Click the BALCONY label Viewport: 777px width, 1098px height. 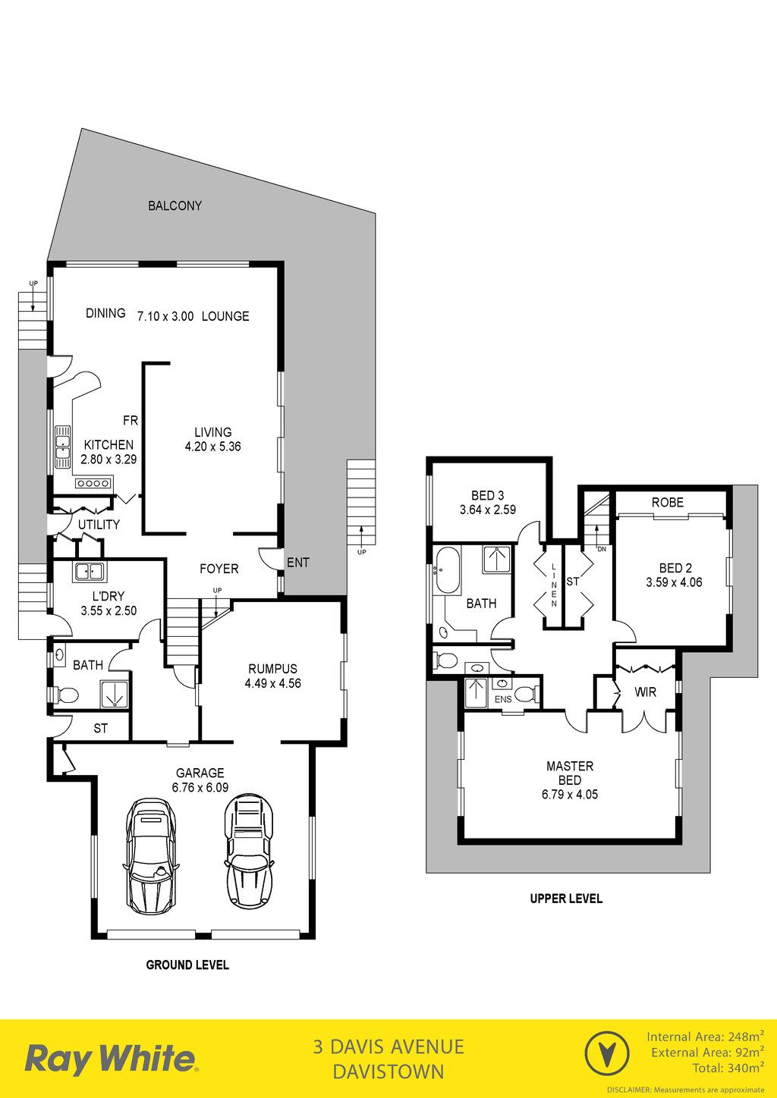pos(175,206)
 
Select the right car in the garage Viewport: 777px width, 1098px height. pos(249,852)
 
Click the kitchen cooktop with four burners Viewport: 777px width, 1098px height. pos(93,483)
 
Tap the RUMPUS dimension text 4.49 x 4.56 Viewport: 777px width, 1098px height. pos(272,683)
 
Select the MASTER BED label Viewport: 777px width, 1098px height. pos(570,773)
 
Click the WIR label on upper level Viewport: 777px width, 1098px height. pos(645,692)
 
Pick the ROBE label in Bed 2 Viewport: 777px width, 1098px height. pos(668,503)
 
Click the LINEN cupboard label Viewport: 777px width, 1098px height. pos(554,585)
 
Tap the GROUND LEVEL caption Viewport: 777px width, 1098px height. pos(187,965)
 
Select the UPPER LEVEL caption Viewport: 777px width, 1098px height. pos(566,899)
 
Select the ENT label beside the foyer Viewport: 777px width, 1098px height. pos(297,563)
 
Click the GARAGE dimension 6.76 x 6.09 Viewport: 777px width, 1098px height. pos(200,787)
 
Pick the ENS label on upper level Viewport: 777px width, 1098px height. pos(503,699)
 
